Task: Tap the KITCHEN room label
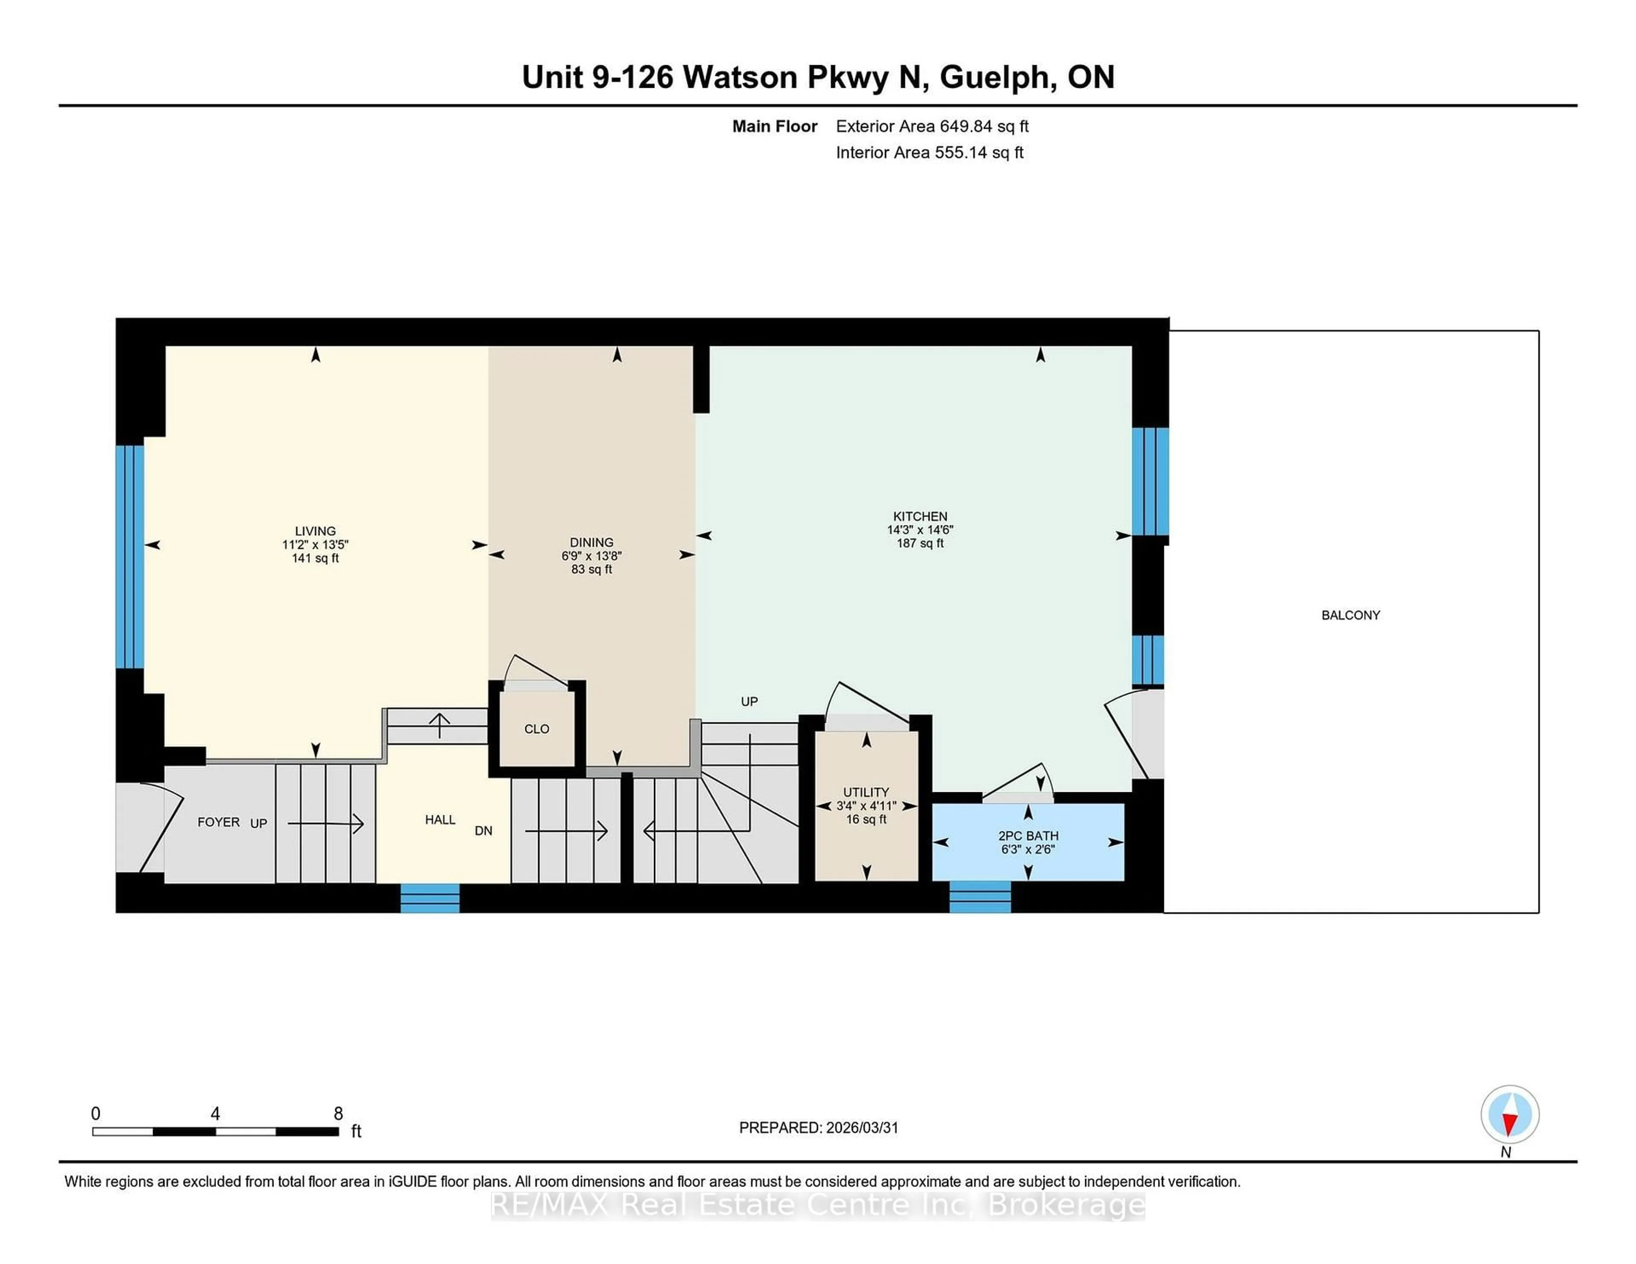(920, 516)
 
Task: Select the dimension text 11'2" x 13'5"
(315, 545)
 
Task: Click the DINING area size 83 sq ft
(592, 569)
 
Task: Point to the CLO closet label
(536, 729)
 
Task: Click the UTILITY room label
(866, 792)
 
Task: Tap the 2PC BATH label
(1028, 835)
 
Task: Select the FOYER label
(218, 822)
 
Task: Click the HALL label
(440, 820)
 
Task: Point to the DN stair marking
(483, 831)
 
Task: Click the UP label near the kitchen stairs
(749, 701)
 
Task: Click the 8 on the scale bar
(338, 1114)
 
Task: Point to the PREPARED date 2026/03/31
(861, 1128)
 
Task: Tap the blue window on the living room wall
(130, 556)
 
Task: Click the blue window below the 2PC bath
(980, 897)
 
